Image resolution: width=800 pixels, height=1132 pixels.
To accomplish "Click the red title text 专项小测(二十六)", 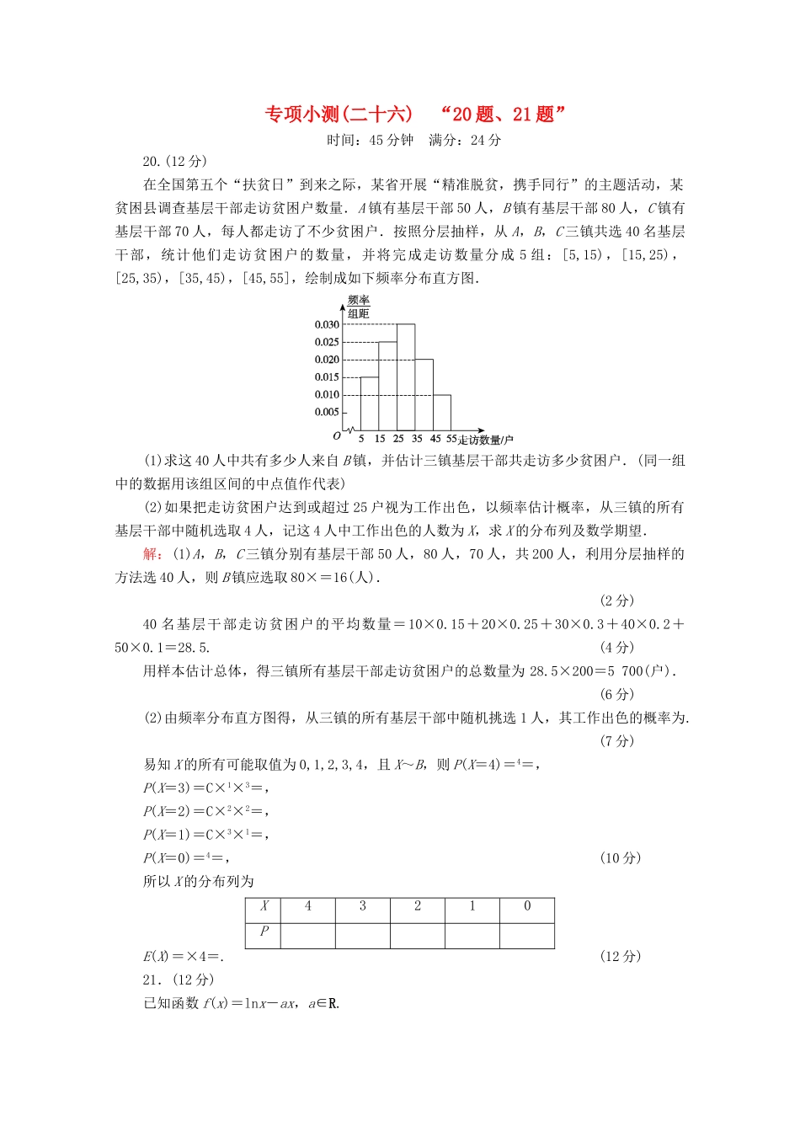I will point(339,115).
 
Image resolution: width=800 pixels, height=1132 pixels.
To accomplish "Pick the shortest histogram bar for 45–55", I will point(442,414).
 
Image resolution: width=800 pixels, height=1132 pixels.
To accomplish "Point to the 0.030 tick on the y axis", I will point(327,325).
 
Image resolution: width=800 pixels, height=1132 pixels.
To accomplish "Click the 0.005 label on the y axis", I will point(327,413).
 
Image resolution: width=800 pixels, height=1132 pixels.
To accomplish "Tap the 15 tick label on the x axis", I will point(380,439).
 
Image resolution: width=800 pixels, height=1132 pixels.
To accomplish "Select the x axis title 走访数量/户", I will point(486,440).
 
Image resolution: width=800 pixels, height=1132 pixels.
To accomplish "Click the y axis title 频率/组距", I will point(359,307).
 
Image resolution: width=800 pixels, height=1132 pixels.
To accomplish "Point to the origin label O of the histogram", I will point(337,436).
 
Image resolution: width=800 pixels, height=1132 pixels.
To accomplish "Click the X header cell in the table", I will point(264,907).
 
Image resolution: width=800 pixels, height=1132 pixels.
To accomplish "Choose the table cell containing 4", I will point(308,907).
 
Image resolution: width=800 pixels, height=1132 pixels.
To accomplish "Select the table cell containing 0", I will point(527,907).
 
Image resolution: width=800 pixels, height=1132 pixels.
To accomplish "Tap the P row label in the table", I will point(264,932).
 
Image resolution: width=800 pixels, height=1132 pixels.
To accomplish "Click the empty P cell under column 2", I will point(418,936).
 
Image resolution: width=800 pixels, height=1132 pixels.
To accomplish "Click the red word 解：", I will point(153,554).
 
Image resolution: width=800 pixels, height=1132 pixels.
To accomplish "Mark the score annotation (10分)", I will point(621,858).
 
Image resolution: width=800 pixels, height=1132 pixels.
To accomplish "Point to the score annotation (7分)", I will point(617,741).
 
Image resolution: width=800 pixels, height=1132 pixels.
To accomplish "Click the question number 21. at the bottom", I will point(152,980).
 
